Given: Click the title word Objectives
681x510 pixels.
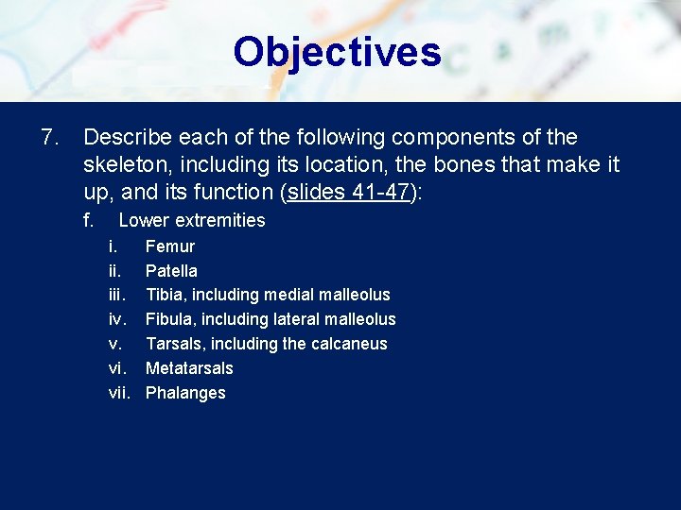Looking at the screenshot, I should (x=337, y=52).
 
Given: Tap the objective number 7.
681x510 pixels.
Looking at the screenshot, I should (x=50, y=138).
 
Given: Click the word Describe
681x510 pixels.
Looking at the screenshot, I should (x=128, y=138).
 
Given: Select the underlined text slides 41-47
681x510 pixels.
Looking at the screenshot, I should (x=348, y=193).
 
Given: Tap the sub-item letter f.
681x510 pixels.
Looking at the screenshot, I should (x=89, y=221).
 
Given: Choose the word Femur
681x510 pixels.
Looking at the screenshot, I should (x=170, y=246).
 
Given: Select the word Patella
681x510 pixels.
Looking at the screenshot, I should (x=171, y=271).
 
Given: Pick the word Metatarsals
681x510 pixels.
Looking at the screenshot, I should (x=189, y=368).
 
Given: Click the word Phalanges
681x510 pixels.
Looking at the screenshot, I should (x=185, y=393).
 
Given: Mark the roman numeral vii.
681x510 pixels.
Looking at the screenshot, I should (x=119, y=393).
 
